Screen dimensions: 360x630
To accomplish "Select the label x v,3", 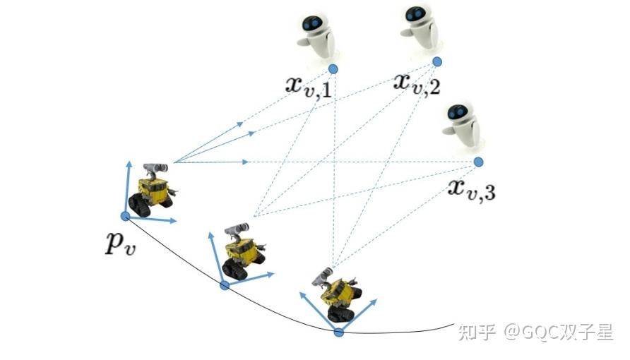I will tap(471, 188).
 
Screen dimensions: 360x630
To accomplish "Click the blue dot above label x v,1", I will tap(333, 68).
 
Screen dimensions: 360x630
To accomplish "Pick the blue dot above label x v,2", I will tap(437, 61).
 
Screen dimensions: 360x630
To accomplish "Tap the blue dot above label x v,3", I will tap(478, 162).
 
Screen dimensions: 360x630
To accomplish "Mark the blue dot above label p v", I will tap(125, 215).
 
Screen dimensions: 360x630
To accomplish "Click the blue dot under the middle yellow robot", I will tap(225, 285).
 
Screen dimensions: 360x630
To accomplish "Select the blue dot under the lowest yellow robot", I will tap(338, 332).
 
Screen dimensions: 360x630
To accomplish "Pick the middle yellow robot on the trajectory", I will tap(240, 251).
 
